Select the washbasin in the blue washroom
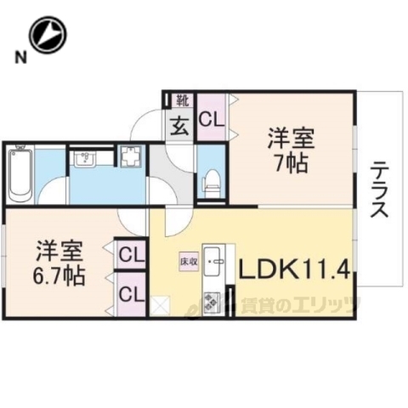pyautogui.click(x=84, y=159)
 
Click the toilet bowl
pyautogui.click(x=212, y=181)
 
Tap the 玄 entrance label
pyautogui.click(x=181, y=128)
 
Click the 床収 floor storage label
pyautogui.click(x=188, y=262)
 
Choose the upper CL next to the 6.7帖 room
pyautogui.click(x=129, y=252)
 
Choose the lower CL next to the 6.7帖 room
pyautogui.click(x=129, y=294)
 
